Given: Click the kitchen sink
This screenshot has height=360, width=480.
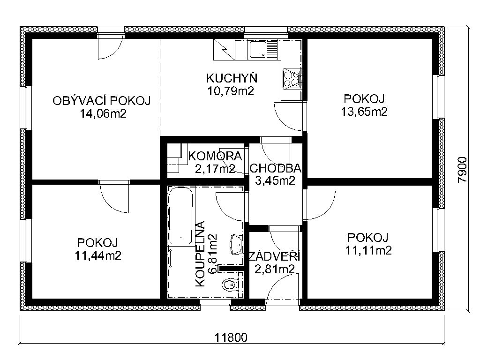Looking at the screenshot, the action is pos(262,50).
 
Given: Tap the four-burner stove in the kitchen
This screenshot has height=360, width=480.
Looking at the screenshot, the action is pos(292,79).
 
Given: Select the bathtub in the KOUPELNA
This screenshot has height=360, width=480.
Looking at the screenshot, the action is pos(181,216).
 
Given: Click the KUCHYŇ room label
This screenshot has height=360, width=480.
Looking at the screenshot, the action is pos(232,78).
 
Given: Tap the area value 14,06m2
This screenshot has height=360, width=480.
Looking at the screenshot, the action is pos(103,114).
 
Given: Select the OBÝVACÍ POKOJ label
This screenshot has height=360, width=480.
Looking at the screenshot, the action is pos(102,101).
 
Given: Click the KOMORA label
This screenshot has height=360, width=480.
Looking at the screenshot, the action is pos(215,157).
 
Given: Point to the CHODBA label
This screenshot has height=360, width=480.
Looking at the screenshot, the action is pos(276,168).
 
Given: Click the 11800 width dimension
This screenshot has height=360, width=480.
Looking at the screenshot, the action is pos(231,337).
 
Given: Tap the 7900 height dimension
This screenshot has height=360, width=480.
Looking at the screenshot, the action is pos(463,170).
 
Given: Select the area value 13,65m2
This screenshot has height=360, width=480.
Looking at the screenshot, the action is pos(364,112).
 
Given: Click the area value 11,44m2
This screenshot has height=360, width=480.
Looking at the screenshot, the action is pos(98,255).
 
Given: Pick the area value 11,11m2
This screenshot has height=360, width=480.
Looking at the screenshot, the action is pos(368,250).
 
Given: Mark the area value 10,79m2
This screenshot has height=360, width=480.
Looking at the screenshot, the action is pos(231,91).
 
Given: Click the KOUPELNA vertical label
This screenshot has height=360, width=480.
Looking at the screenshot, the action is pos(200,254).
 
